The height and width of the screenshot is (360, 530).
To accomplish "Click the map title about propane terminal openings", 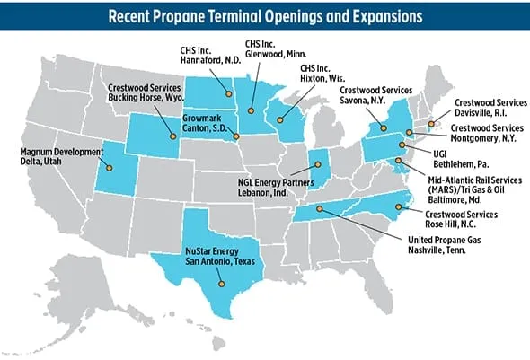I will tap(264, 15).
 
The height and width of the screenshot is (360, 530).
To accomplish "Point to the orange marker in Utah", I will tap(110, 167).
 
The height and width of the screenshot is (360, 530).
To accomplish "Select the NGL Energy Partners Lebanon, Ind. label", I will tap(278, 188).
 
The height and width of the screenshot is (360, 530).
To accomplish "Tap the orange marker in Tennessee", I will tap(319, 209).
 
